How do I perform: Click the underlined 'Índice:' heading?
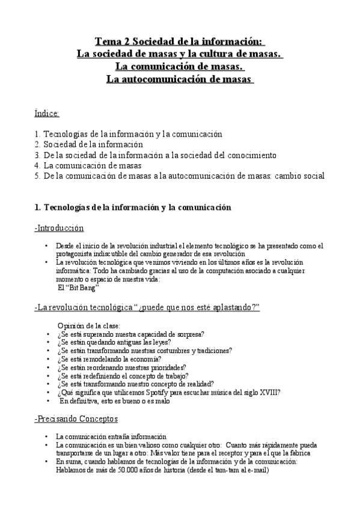point(47,112)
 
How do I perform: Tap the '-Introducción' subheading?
point(59,228)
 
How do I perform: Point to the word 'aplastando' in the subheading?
point(228,308)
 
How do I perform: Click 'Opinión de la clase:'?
point(88,325)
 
